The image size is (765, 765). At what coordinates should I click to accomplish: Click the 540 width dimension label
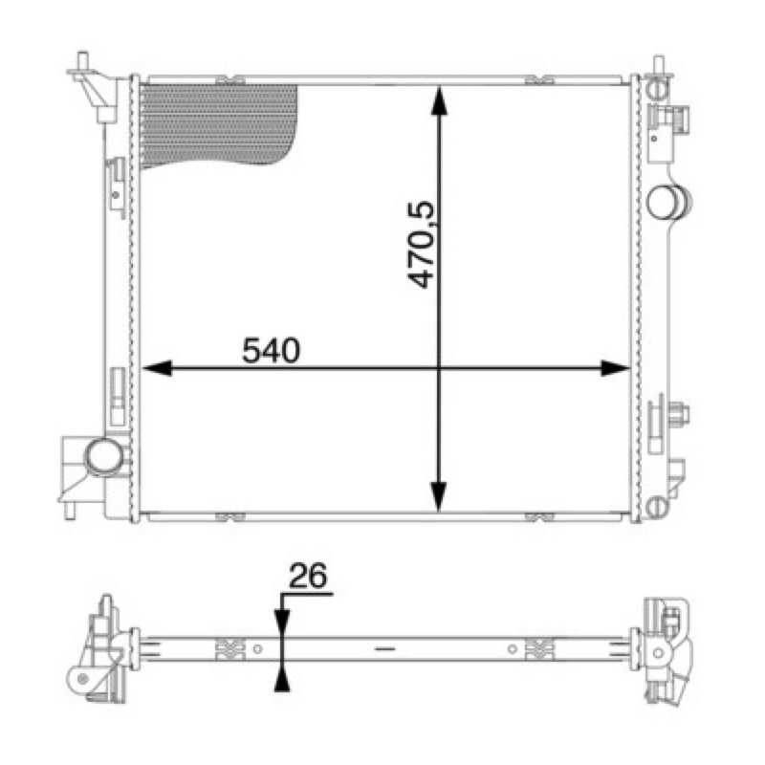272,350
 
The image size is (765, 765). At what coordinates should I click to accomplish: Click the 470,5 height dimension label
421,244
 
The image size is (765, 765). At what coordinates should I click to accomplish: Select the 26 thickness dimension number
308,576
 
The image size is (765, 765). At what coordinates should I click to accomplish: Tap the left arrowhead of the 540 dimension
157,368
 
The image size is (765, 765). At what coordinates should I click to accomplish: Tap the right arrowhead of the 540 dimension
615,368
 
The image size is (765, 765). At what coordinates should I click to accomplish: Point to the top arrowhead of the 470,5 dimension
439,100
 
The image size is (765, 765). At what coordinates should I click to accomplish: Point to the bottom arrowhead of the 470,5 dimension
439,496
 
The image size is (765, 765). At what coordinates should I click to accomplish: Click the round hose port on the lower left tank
104,457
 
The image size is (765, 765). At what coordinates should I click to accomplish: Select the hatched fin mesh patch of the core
218,124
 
